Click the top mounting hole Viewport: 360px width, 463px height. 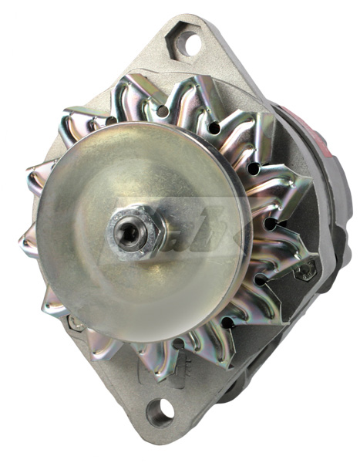point(186,40)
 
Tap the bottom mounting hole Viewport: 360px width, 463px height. point(160,411)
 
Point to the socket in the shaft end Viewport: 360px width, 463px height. point(123,230)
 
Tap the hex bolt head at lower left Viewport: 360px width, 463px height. point(75,323)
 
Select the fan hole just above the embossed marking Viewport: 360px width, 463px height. point(178,343)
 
